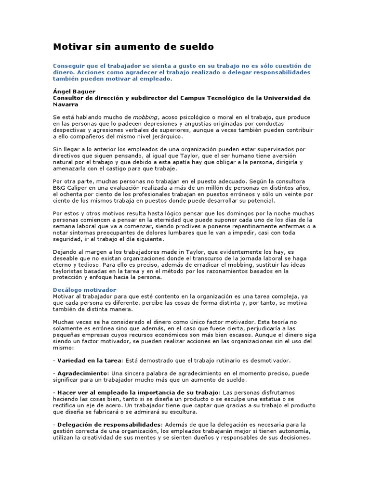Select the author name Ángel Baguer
click(x=74, y=91)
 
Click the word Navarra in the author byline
click(x=66, y=104)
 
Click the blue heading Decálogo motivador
click(x=84, y=290)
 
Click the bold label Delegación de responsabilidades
click(x=109, y=425)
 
